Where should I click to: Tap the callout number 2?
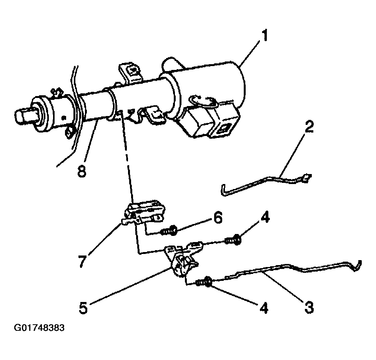309,127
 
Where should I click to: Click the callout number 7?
82,261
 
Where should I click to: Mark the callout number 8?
82,171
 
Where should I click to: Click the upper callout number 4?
265,217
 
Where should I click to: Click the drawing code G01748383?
39,328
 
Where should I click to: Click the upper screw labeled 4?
233,240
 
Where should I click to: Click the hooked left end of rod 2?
223,191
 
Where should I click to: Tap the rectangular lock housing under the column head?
209,120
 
